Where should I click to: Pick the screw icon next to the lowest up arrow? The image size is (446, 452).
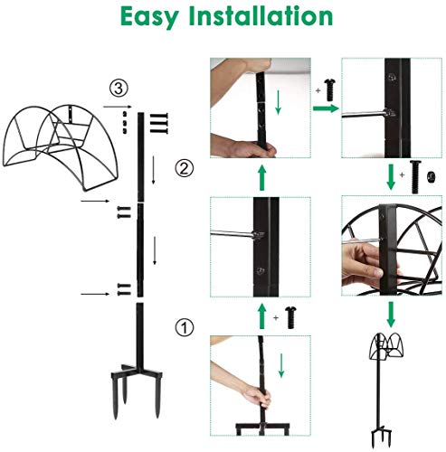292,315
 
